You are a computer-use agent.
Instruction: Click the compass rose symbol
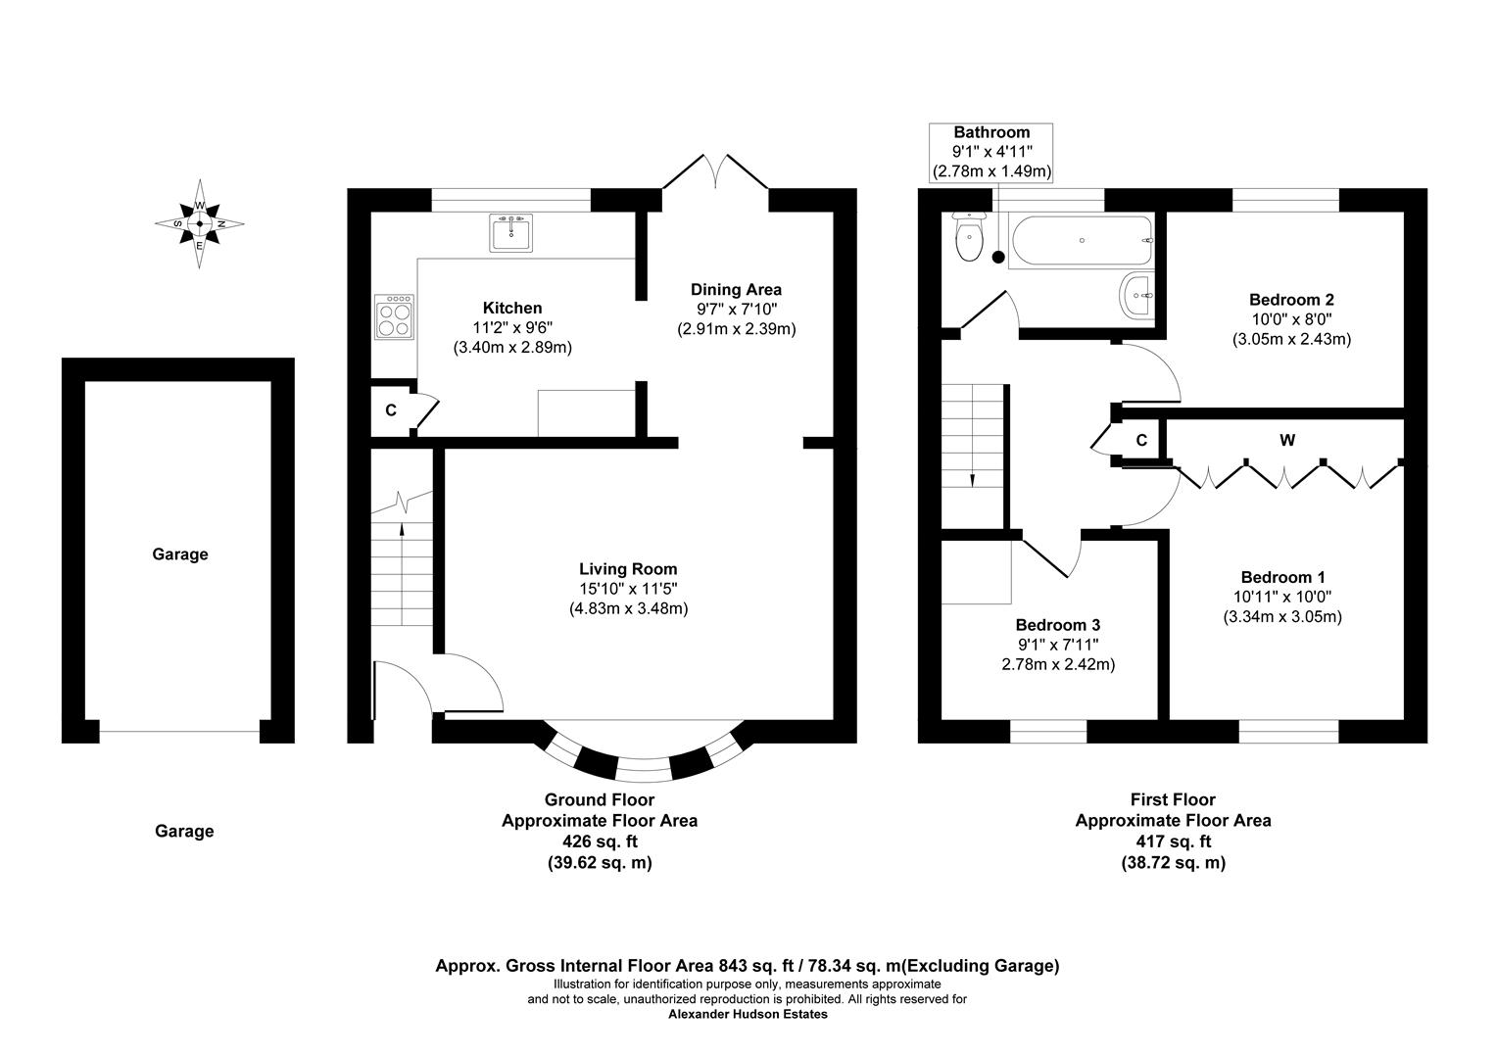point(200,223)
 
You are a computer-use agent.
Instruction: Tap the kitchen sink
point(509,232)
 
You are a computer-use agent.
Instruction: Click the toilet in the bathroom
point(969,239)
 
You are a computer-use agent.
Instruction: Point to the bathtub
point(1081,241)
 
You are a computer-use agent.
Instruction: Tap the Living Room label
point(628,569)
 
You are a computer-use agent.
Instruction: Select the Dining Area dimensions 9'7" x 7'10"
point(736,310)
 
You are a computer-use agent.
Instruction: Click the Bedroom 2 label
point(1291,300)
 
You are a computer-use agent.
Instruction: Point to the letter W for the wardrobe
point(1287,441)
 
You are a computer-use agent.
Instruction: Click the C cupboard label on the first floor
point(1141,441)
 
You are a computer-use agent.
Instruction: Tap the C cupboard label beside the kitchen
point(391,410)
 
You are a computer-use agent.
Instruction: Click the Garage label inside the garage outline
point(180,554)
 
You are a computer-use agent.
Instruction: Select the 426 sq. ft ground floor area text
point(599,842)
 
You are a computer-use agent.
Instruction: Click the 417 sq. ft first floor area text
point(1173,842)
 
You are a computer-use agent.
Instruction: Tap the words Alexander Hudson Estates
point(748,1015)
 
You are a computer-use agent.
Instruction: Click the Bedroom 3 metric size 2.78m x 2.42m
point(1059,664)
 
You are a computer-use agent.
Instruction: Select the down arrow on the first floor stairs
point(973,478)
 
